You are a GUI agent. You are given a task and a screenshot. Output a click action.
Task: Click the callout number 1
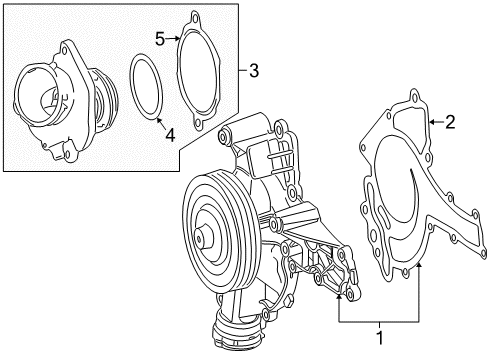coord(380,338)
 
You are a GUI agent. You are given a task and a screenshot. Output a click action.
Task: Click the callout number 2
coord(450,122)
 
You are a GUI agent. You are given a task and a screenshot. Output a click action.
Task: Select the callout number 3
coord(254,71)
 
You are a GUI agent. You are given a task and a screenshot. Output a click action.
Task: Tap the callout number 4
coord(170,135)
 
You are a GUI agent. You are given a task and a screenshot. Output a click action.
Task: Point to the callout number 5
coord(160,39)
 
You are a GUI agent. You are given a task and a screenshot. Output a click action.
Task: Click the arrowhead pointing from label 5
coord(177,39)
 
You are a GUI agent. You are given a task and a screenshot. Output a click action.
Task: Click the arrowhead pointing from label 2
coord(432,122)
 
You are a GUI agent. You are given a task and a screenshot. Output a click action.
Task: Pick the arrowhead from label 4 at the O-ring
coord(158,120)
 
